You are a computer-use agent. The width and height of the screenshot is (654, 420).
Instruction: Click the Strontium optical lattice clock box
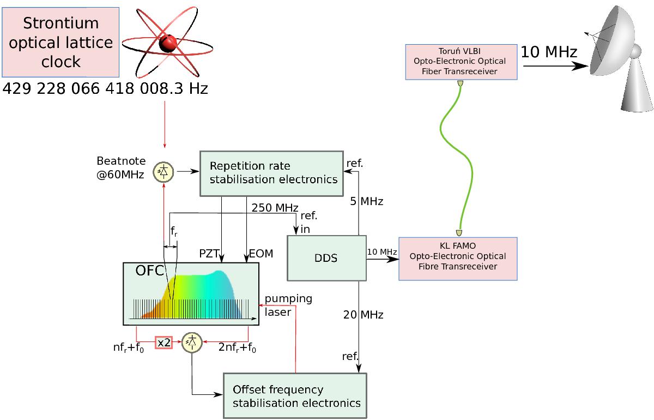pyautogui.click(x=60, y=42)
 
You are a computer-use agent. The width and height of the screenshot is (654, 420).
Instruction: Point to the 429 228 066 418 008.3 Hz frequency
pyautogui.click(x=105, y=89)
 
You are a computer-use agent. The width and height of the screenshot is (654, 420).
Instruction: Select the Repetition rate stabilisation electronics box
pyautogui.click(x=271, y=172)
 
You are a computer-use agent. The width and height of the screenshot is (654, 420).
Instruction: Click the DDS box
pyautogui.click(x=326, y=258)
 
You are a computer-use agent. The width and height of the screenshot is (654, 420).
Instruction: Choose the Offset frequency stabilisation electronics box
pyautogui.click(x=295, y=397)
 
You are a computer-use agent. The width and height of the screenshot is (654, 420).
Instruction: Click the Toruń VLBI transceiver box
pyautogui.click(x=461, y=62)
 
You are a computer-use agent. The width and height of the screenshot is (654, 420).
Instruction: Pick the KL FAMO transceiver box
pyautogui.click(x=458, y=259)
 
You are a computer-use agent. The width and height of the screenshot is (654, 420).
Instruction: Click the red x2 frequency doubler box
pyautogui.click(x=164, y=343)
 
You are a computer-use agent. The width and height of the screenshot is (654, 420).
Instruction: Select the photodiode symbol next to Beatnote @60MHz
pyautogui.click(x=163, y=171)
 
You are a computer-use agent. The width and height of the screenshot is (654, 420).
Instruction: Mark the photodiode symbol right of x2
pyautogui.click(x=192, y=342)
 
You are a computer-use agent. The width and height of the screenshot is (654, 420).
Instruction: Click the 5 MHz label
pyautogui.click(x=366, y=202)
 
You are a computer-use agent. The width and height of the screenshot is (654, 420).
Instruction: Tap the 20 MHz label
pyautogui.click(x=363, y=315)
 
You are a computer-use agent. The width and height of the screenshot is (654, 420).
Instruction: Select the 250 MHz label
pyautogui.click(x=275, y=208)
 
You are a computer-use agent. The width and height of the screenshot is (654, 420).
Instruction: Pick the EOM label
pyautogui.click(x=261, y=254)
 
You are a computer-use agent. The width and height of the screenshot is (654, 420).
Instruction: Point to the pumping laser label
pyautogui.click(x=288, y=305)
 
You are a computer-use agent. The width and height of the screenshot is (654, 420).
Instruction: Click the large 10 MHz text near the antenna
pyautogui.click(x=549, y=52)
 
